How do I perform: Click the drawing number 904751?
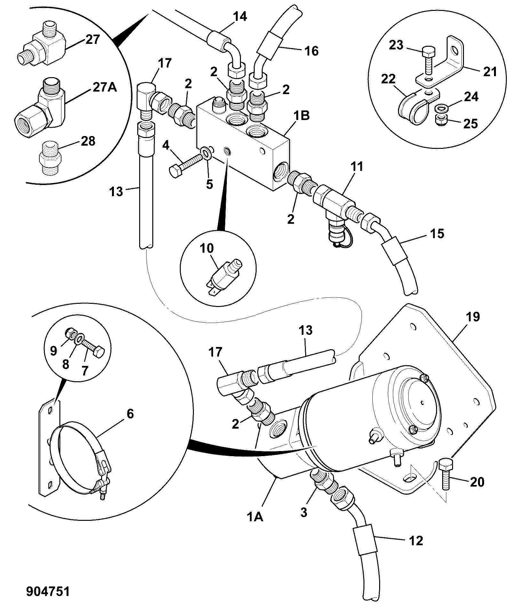48,592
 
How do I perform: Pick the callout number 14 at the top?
240,16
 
